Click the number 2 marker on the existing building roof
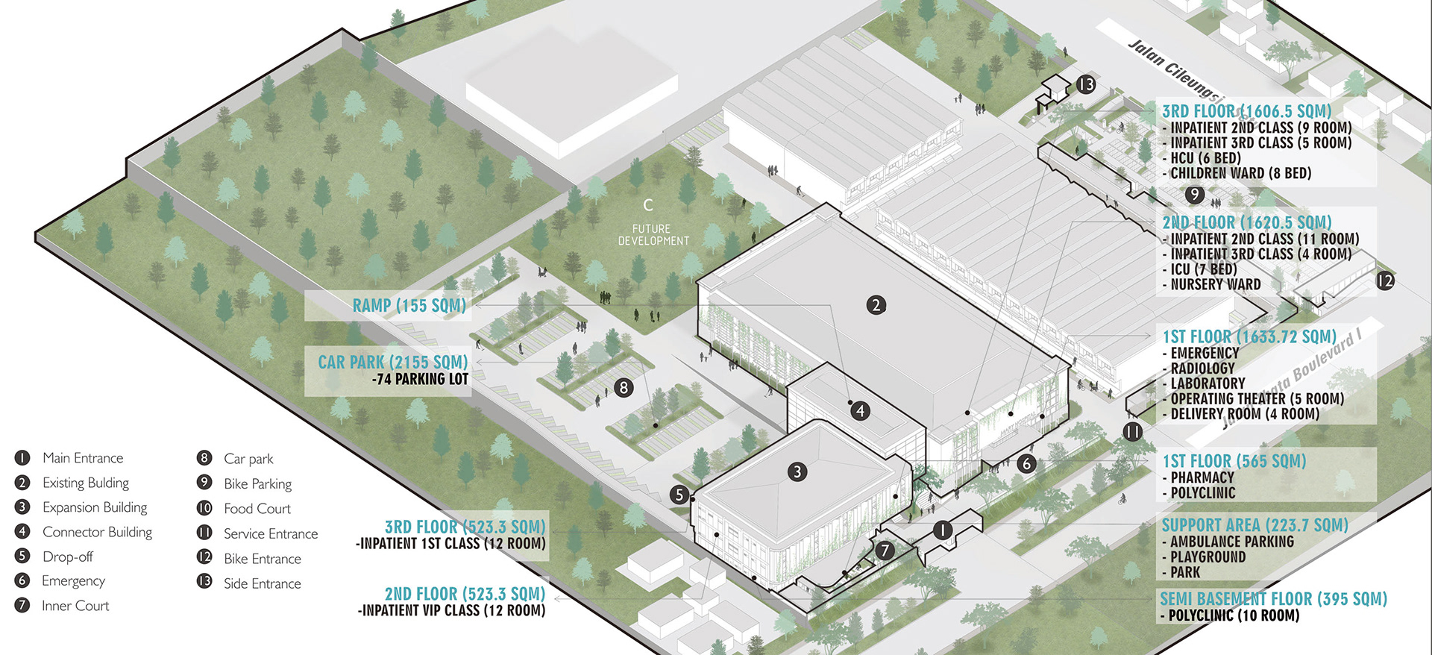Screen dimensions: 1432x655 coord(876,304)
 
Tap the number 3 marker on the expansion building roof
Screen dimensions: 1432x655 coord(797,471)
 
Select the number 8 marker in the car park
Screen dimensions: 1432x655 coord(624,387)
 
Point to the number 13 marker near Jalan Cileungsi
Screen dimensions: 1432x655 coord(1086,84)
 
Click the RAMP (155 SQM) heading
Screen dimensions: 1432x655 coord(409,306)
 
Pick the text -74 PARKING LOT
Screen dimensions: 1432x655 coord(420,379)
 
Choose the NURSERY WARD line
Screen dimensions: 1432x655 coord(1216,284)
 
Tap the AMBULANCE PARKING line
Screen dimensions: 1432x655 coord(1231,542)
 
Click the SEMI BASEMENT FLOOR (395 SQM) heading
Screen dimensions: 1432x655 coord(1273,599)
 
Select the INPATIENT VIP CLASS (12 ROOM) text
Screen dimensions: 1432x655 coord(452,610)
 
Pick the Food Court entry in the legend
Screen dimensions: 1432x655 coord(257,509)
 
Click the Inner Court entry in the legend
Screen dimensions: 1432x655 coord(75,606)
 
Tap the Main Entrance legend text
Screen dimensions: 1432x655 coord(83,458)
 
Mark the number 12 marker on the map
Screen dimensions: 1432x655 coord(1385,281)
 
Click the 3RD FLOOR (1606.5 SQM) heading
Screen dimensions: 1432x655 coord(1246,111)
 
